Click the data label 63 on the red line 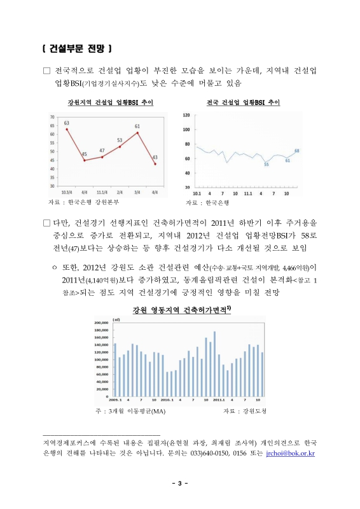[x=66, y=122]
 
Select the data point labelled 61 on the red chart [x=137, y=132]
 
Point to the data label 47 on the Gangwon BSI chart [x=102, y=150]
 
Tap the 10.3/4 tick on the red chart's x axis [x=66, y=192]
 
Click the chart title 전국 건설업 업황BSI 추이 [x=244, y=102]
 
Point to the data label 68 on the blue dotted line [x=297, y=150]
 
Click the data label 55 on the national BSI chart [x=266, y=164]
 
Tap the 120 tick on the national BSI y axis [x=186, y=115]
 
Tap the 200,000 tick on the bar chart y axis [x=102, y=322]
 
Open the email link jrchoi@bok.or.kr [x=291, y=454]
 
